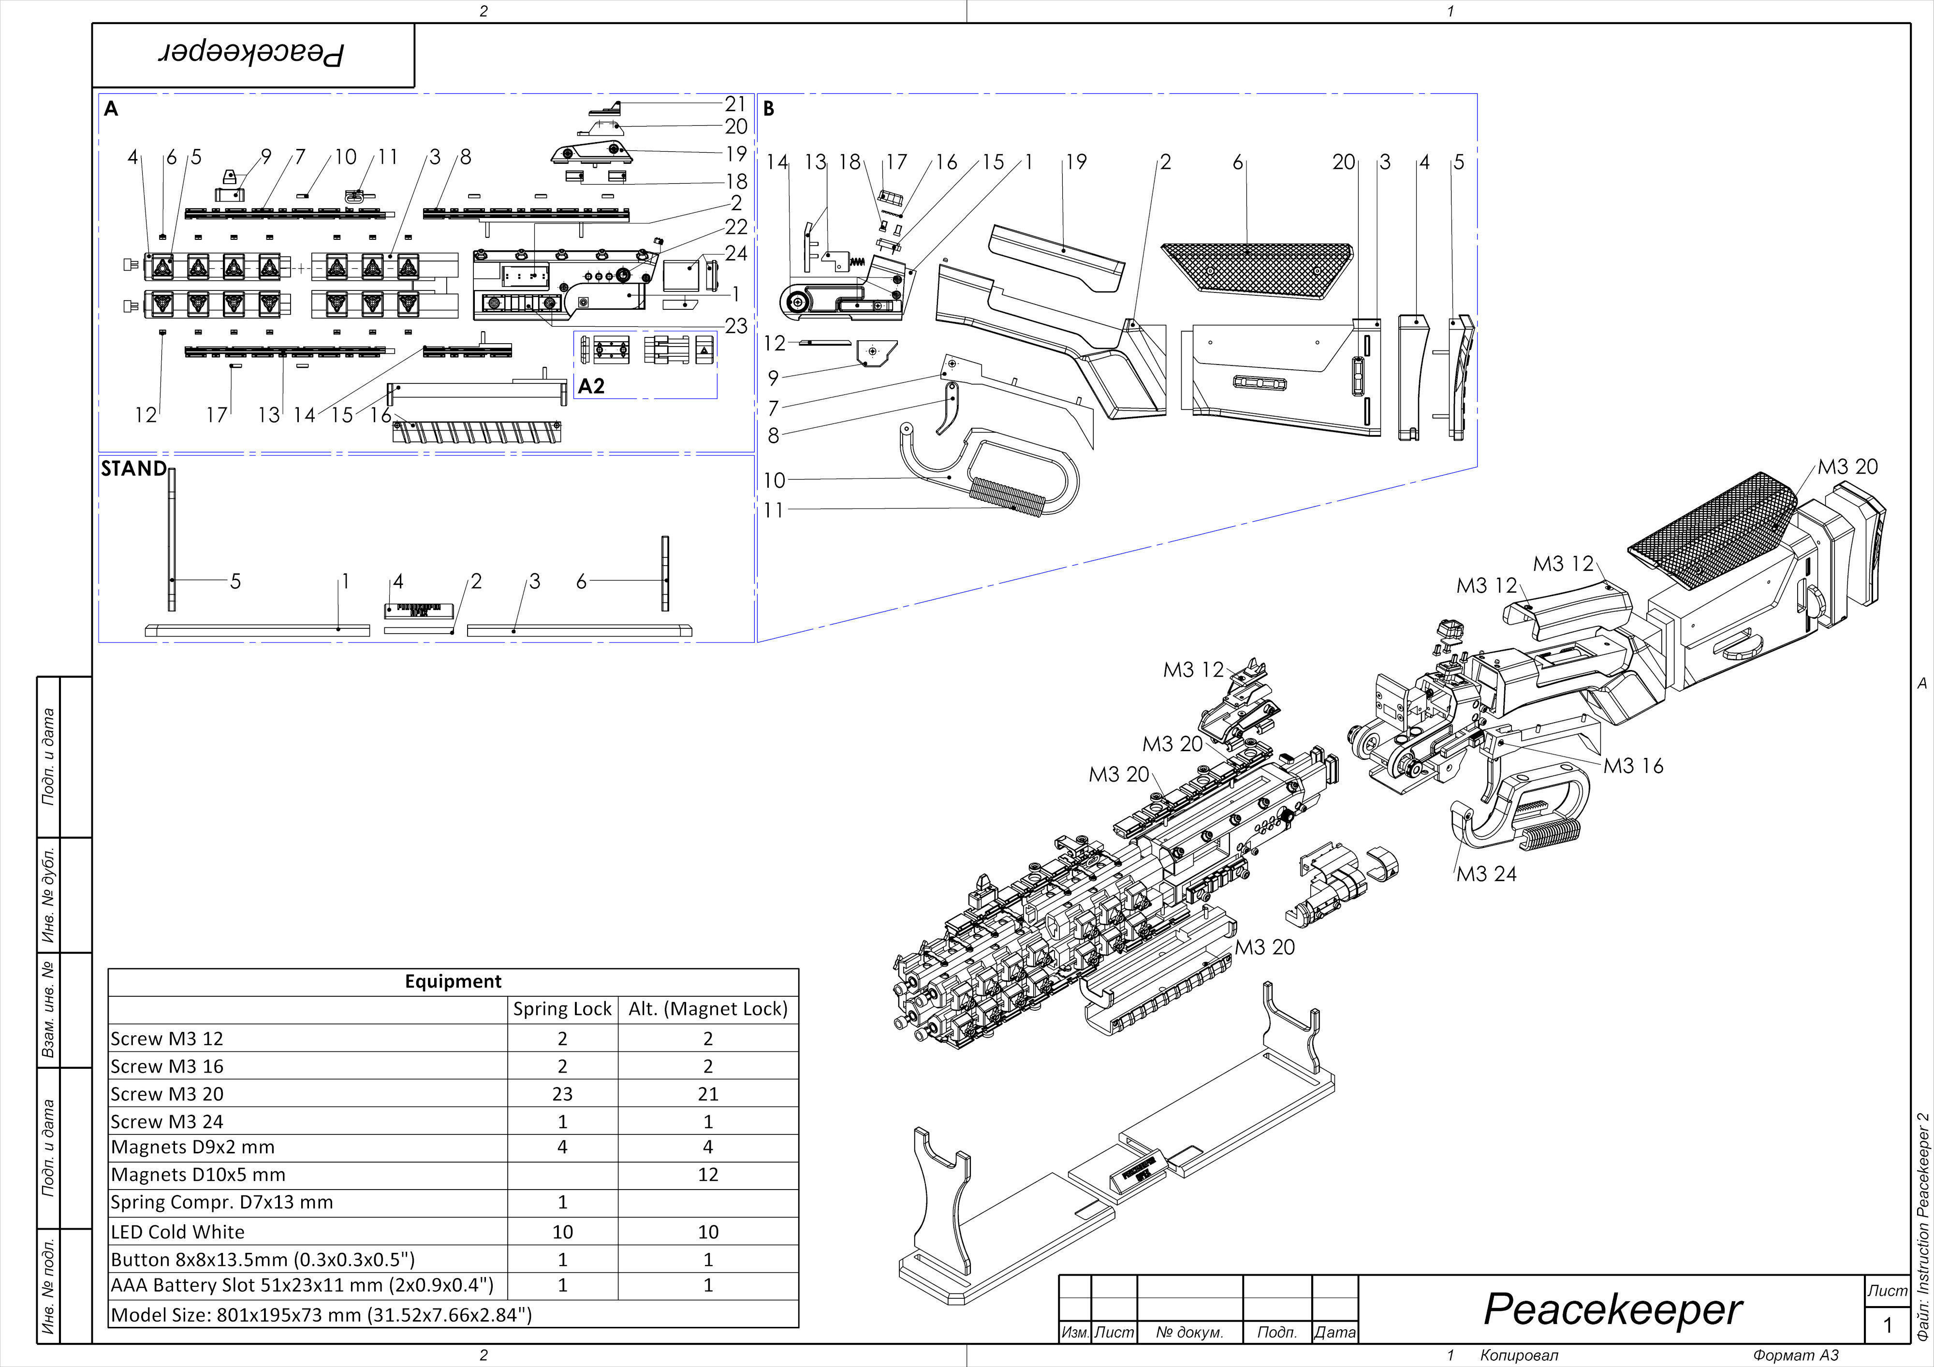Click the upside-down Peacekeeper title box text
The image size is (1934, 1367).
[253, 55]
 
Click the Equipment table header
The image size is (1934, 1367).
[453, 981]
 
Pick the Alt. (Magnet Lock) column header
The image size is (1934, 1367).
[707, 1009]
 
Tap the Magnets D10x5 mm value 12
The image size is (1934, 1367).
[707, 1175]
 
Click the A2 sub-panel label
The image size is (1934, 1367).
[591, 386]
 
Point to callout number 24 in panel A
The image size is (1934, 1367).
[735, 253]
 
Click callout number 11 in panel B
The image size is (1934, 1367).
[773, 509]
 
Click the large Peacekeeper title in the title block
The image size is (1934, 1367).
[1612, 1310]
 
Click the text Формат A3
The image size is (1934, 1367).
[1796, 1355]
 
